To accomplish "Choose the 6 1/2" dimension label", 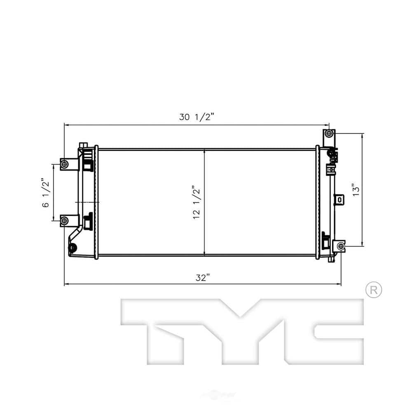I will [46, 193].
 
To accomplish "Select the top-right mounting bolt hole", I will [328, 134].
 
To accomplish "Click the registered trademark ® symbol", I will [374, 290].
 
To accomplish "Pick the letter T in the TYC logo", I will [161, 330].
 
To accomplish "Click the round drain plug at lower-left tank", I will [73, 248].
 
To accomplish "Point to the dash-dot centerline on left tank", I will [87, 203].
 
